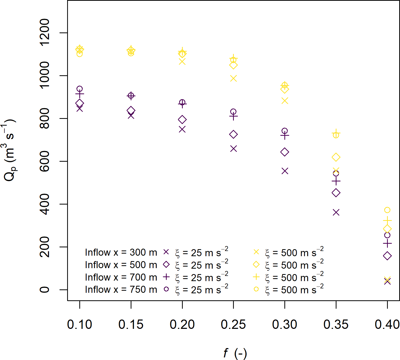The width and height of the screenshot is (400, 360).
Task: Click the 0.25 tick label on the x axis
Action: tap(233, 324)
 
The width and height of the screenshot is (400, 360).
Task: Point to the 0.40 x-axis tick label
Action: tap(387, 324)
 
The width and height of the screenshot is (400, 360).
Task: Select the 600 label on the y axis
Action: tap(45, 161)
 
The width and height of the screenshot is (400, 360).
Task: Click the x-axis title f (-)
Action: tap(235, 353)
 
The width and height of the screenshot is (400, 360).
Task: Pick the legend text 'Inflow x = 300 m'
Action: tap(121, 252)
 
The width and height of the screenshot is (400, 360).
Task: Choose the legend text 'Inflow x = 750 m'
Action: tap(121, 289)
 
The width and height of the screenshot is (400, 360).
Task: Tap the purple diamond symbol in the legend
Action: tap(166, 264)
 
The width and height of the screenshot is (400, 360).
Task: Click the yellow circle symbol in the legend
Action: tap(256, 289)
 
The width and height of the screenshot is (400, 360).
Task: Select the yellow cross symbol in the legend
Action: tap(256, 252)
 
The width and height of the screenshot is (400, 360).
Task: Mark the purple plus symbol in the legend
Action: tap(166, 277)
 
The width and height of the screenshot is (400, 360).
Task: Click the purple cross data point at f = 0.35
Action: tap(336, 212)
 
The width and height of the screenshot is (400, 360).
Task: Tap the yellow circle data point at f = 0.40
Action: tap(387, 210)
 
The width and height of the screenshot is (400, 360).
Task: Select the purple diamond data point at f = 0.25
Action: tap(233, 134)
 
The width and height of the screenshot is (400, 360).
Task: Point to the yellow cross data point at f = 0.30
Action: tap(285, 101)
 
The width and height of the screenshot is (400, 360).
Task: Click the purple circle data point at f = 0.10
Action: tap(80, 89)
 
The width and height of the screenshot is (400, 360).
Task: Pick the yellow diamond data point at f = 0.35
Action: tap(336, 157)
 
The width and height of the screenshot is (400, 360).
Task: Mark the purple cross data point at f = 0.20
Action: tap(182, 129)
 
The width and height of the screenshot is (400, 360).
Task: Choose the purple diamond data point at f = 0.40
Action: tap(387, 256)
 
